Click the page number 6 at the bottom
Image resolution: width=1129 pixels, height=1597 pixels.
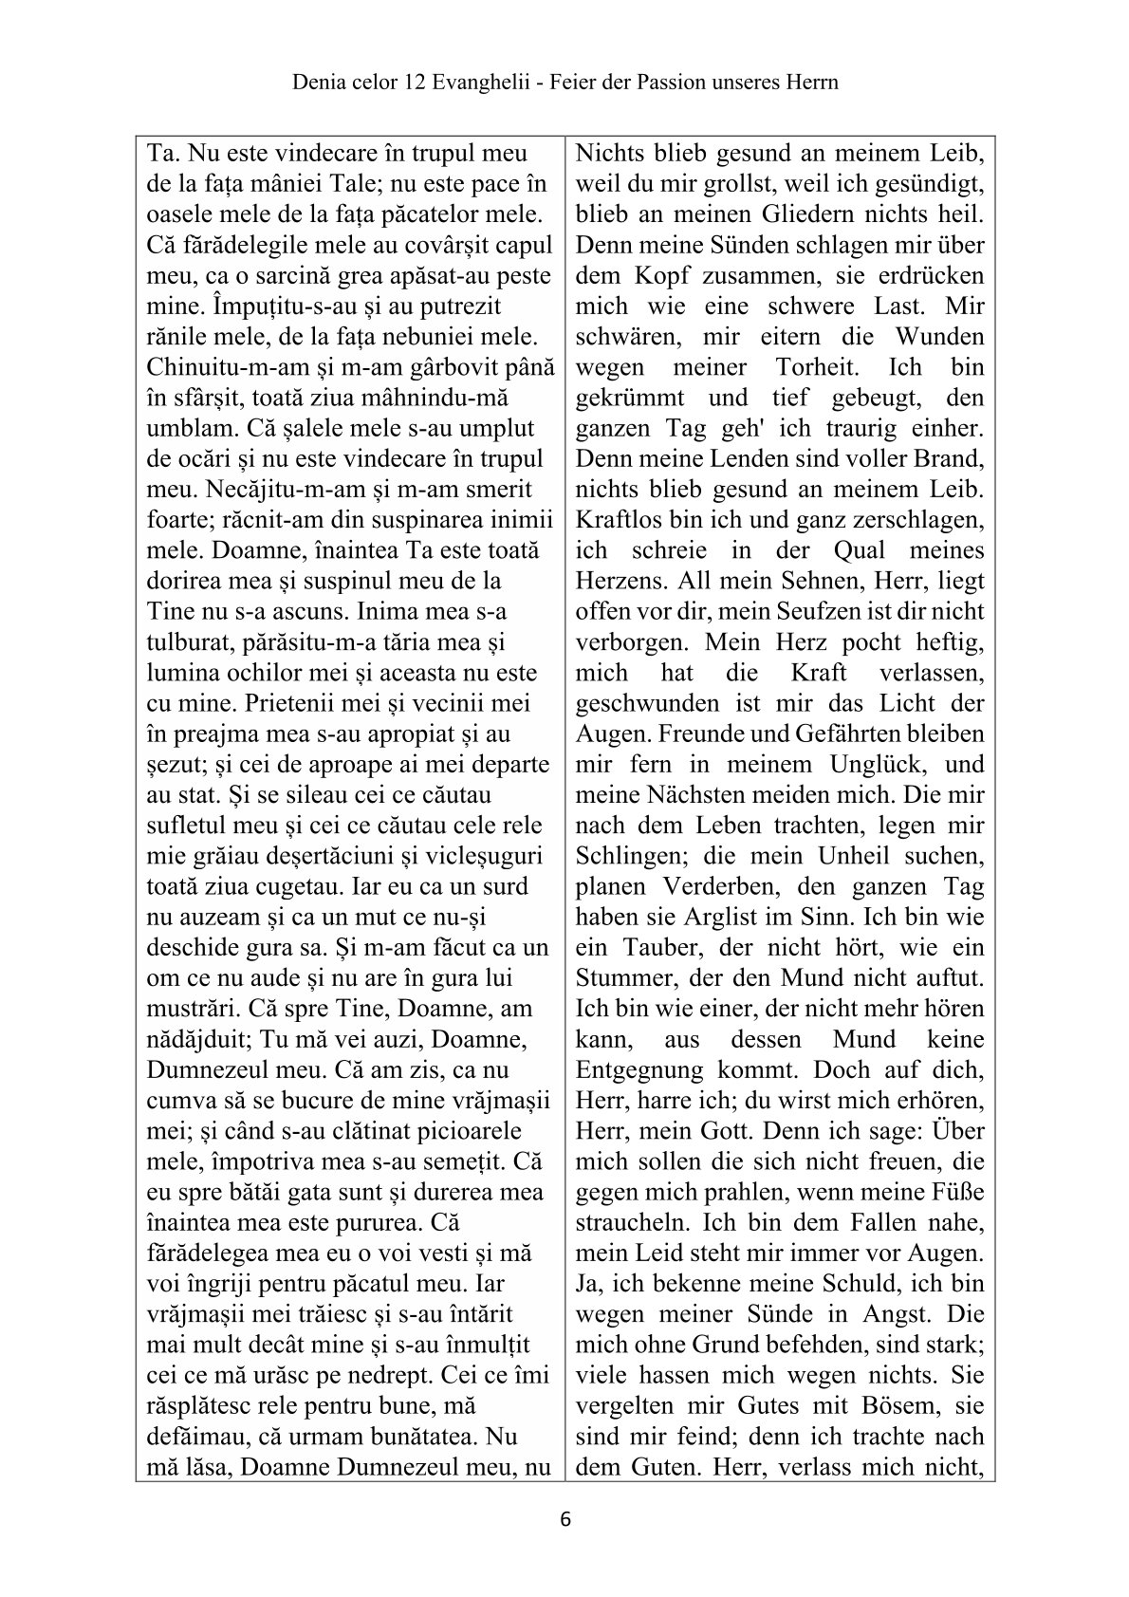tap(566, 1518)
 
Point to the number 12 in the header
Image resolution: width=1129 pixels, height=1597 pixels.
tap(402, 83)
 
